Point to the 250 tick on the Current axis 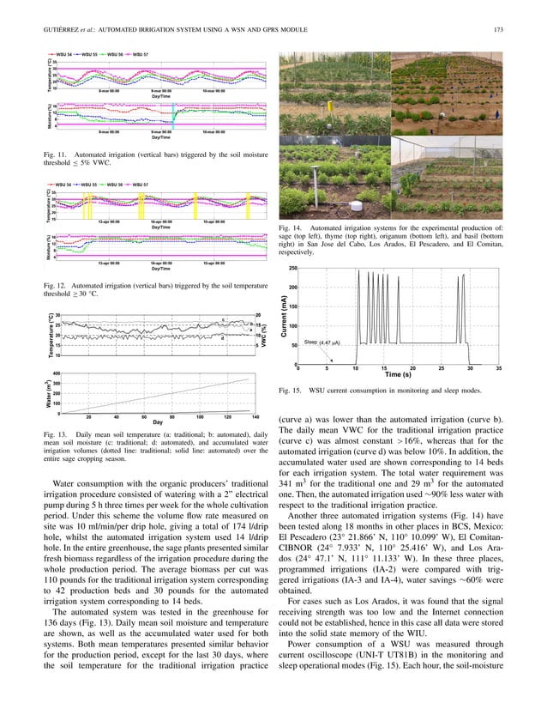(x=292, y=268)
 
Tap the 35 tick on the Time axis (x=497, y=368)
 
